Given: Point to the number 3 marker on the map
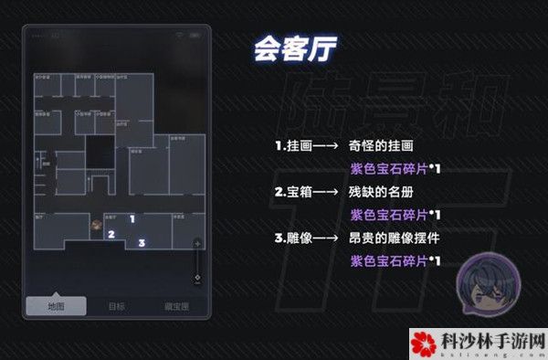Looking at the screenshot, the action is click(142, 243).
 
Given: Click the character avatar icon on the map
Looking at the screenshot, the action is click(96, 223).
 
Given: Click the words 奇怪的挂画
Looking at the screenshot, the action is click(382, 145).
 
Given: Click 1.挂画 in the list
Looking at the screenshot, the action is click(294, 145).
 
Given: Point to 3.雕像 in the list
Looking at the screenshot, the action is click(294, 238).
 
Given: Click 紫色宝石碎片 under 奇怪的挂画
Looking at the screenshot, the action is click(389, 168).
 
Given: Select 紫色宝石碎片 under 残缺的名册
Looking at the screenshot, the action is click(389, 215).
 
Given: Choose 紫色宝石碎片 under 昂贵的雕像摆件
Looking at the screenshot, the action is click(389, 261).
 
